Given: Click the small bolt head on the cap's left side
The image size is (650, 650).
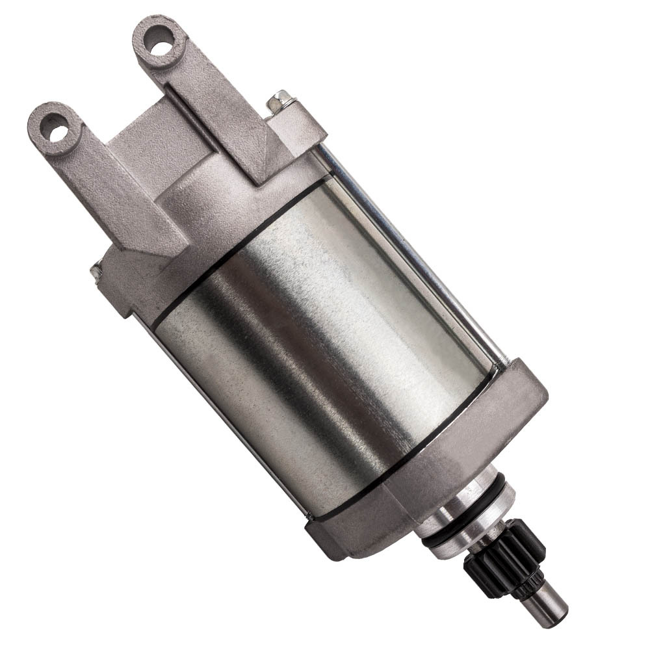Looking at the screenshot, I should [96, 268].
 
